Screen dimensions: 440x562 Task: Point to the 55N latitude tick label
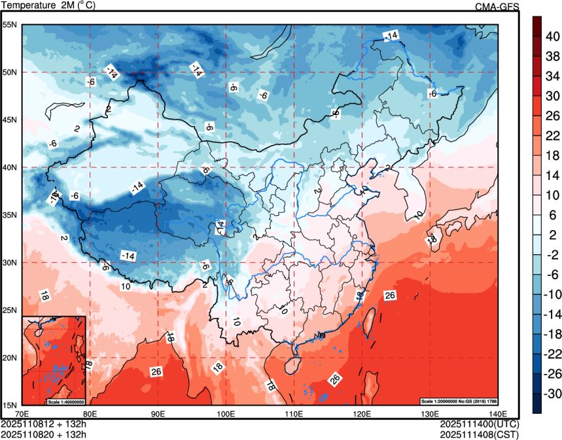coord(10,25)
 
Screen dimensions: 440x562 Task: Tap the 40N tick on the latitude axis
coord(10,167)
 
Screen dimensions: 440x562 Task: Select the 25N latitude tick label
coord(10,310)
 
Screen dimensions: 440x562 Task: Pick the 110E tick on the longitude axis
coord(294,414)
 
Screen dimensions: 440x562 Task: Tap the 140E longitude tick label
coord(497,414)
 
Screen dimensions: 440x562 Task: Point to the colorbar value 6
coord(552,215)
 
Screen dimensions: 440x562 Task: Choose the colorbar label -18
coord(552,334)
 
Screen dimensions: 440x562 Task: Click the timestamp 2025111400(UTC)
coord(480,424)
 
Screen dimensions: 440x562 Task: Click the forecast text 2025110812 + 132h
coord(44,424)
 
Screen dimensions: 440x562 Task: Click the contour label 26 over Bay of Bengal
coord(156,372)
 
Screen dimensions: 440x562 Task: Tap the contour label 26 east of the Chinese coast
coord(390,296)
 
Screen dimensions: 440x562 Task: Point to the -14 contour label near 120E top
coord(391,35)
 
